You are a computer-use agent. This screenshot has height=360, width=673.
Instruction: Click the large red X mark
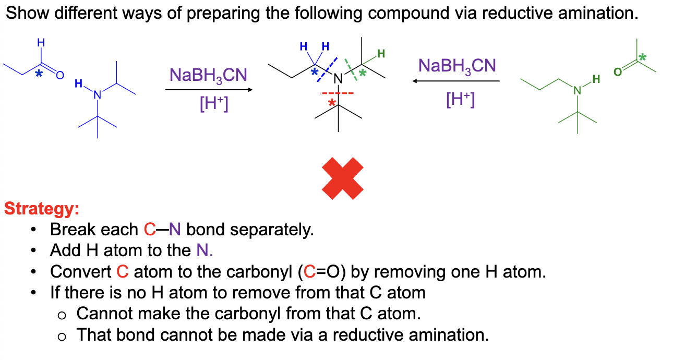click(343, 178)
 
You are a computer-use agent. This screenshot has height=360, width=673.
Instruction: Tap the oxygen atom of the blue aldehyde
click(60, 75)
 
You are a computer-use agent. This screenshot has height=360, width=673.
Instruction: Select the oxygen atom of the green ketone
click(617, 72)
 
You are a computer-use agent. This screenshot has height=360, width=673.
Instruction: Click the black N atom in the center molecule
click(338, 79)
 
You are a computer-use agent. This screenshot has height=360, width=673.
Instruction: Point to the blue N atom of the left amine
click(97, 95)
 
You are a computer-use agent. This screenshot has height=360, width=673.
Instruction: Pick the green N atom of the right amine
click(577, 90)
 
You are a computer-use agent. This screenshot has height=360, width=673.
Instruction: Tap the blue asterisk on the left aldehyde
click(39, 74)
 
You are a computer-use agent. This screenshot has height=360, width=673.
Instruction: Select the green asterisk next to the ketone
click(642, 57)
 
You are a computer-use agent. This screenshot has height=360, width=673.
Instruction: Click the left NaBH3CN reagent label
click(208, 76)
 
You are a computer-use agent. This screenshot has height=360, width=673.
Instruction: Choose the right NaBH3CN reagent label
click(457, 66)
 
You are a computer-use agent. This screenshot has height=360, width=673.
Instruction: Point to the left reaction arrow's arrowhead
click(250, 90)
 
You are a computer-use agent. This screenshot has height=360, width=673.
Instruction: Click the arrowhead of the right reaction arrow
click(415, 81)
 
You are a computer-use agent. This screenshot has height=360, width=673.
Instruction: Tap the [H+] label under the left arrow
click(214, 103)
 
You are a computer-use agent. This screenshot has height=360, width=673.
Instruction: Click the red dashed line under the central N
click(337, 93)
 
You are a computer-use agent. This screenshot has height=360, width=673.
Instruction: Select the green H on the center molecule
click(381, 54)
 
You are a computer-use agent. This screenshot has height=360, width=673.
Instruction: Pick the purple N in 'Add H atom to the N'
click(201, 250)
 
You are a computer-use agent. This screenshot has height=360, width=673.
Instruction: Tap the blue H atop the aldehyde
click(41, 43)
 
